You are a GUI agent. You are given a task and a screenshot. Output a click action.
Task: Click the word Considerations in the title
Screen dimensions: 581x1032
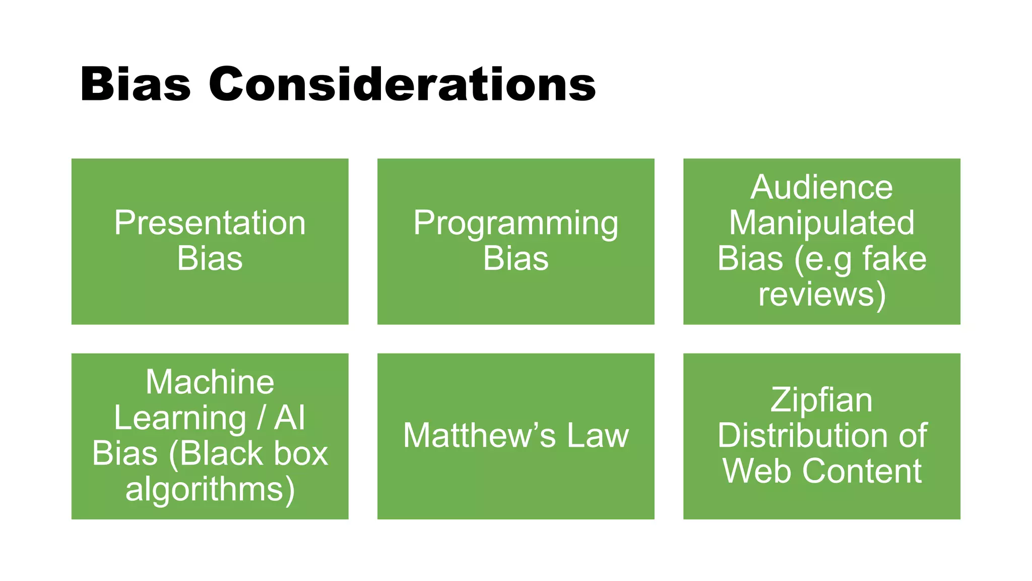click(x=402, y=84)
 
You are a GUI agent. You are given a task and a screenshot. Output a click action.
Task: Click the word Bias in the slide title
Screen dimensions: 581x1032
click(x=135, y=84)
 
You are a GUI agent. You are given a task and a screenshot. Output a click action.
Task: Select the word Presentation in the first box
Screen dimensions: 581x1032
click(x=210, y=223)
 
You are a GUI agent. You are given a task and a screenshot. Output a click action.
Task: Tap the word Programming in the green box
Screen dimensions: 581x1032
click(x=515, y=223)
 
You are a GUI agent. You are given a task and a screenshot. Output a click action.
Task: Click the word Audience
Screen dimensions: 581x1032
click(x=821, y=187)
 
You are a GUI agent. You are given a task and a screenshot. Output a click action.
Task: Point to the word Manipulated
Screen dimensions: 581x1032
click(x=821, y=223)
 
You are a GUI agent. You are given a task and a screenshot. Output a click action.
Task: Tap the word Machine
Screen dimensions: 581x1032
click(x=210, y=382)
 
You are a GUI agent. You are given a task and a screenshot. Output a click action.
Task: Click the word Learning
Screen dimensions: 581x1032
click(x=180, y=418)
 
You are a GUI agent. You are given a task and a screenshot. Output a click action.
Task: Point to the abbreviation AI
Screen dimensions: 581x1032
click(x=289, y=418)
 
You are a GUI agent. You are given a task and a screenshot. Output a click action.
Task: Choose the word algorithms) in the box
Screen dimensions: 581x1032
click(x=210, y=489)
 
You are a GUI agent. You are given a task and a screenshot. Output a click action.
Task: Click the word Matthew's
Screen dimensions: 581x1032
click(x=479, y=436)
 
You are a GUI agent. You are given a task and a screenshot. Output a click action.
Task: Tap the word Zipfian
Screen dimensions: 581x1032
click(x=821, y=400)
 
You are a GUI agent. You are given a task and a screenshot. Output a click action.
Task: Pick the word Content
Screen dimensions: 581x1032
click(x=862, y=472)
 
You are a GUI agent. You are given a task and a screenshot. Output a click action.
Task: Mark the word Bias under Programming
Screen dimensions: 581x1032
click(x=515, y=259)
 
